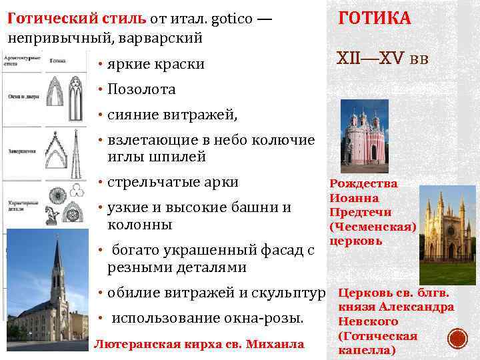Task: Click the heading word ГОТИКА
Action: coord(375,17)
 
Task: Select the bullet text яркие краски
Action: coord(155,65)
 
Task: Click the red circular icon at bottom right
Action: coord(457,339)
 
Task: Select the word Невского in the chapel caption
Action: coord(365,321)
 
